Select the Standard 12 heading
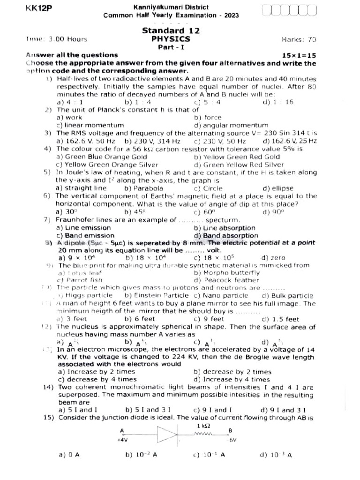click(171, 30)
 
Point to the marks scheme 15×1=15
click(299, 55)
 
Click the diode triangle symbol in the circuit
click(167, 434)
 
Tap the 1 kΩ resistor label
click(203, 426)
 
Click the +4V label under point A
click(123, 440)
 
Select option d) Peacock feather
click(226, 280)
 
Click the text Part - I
click(171, 47)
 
